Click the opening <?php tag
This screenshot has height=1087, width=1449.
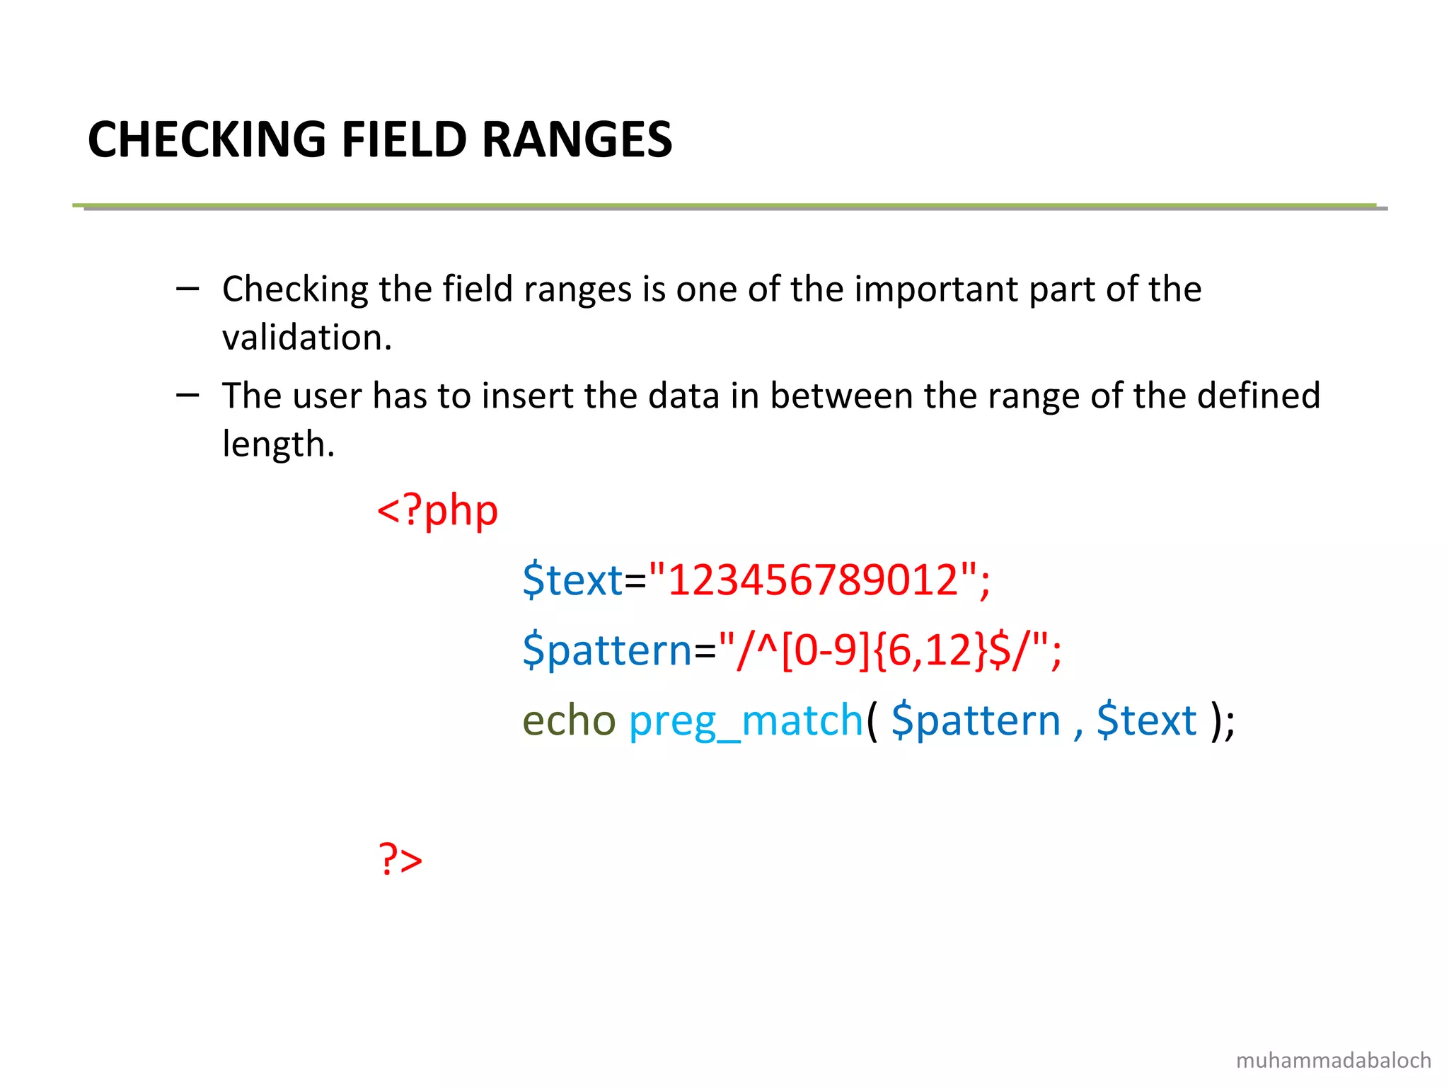click(x=437, y=511)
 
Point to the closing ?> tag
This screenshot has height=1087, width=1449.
click(x=400, y=859)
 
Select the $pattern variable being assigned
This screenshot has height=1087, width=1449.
click(x=607, y=650)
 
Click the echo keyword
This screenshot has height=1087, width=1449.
click(x=569, y=720)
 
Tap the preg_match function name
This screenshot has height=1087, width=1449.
click(x=746, y=722)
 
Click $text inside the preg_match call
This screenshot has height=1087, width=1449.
click(x=1146, y=720)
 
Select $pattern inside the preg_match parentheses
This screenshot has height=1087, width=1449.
click(x=976, y=722)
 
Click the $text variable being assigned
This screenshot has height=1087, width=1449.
click(x=572, y=580)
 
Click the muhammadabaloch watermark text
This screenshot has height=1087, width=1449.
click(x=1333, y=1060)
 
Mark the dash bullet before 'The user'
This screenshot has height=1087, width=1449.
click(x=187, y=394)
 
